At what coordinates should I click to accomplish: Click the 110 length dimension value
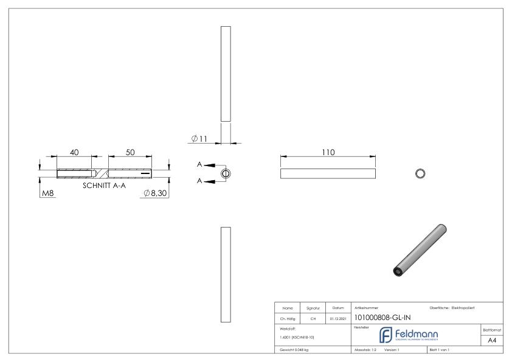point(329,152)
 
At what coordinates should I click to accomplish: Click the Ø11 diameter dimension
point(199,139)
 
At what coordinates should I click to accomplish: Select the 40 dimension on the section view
point(74,153)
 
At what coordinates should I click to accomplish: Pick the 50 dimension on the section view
point(130,153)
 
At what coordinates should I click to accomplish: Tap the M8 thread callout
point(47,193)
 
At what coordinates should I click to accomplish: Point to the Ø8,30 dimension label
point(155,193)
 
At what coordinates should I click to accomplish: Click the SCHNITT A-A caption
point(104,185)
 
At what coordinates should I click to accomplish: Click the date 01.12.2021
point(337,317)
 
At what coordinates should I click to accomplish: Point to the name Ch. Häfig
point(287,317)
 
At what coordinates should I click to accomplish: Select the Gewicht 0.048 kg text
point(294,351)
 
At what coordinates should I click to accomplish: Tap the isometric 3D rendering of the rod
point(420,249)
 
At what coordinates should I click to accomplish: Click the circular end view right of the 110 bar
point(419,173)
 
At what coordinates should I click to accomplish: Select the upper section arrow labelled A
point(207,165)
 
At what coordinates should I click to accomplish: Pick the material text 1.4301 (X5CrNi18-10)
point(297,336)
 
